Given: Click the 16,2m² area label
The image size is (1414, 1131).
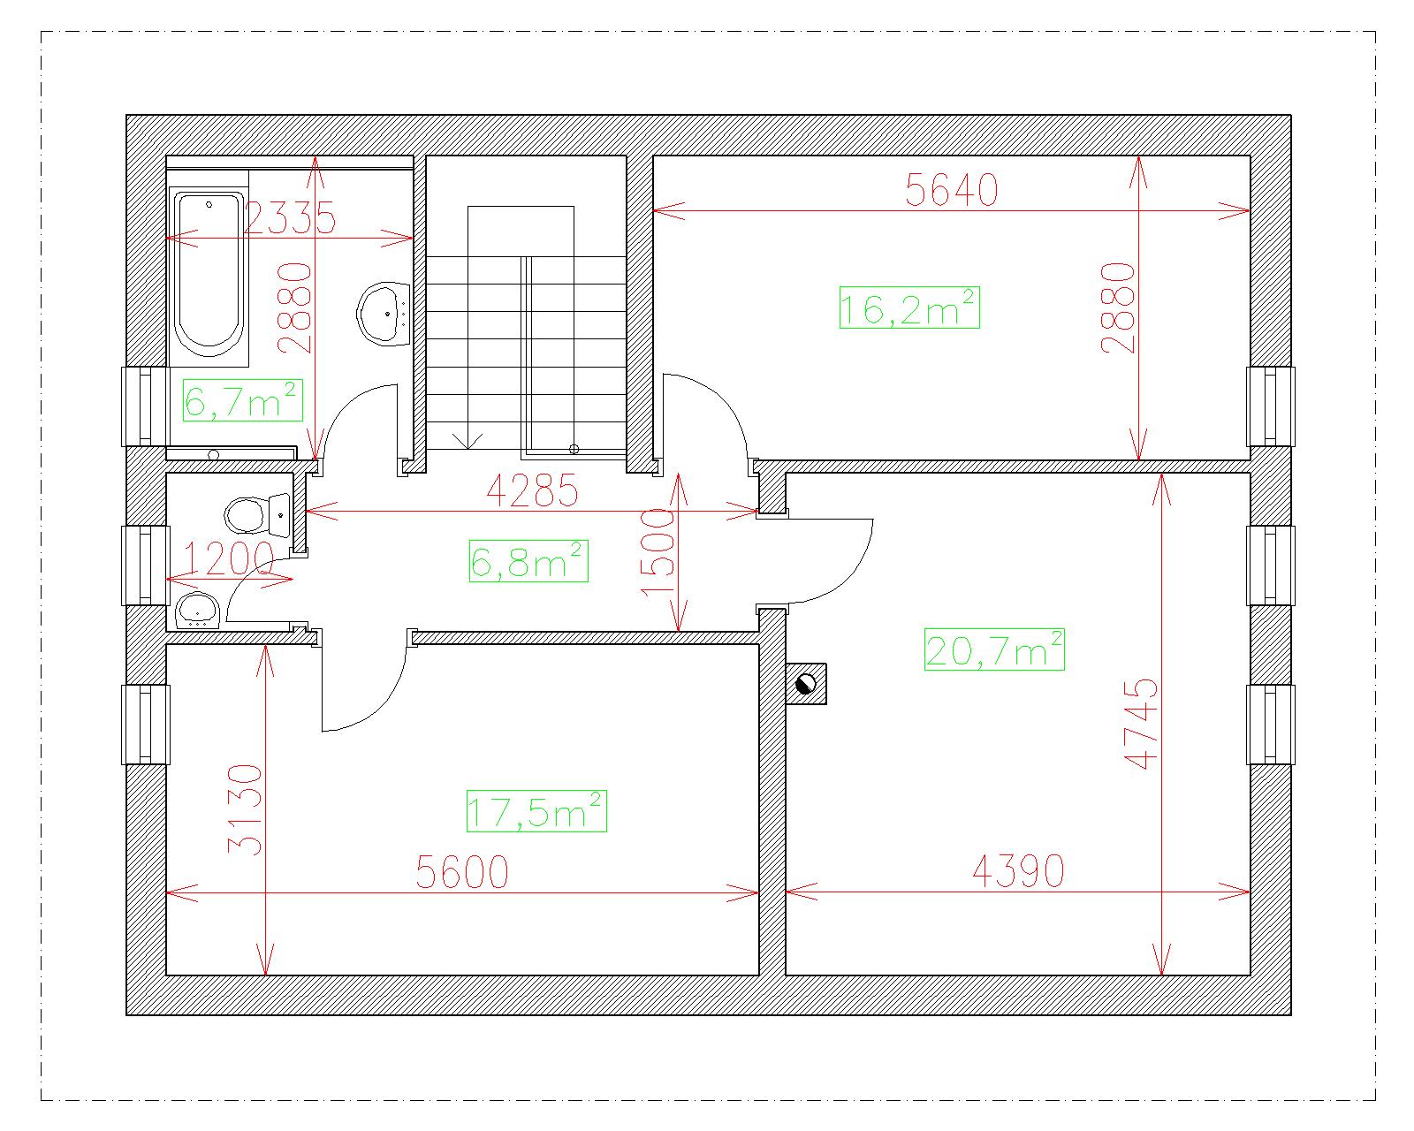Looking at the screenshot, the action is [909, 307].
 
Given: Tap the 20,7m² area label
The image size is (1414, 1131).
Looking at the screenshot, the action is [994, 650].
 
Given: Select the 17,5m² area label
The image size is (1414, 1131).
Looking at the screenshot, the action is [536, 811].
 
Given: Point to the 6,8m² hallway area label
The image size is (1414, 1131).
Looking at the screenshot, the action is [528, 561].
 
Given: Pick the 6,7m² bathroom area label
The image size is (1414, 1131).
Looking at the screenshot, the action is [242, 400].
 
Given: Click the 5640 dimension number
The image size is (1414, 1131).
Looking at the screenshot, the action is [952, 190].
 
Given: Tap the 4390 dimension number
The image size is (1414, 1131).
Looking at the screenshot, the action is [1018, 871].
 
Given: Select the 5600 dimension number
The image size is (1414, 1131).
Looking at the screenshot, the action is [462, 872].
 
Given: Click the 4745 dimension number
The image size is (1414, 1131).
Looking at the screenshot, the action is [1141, 724].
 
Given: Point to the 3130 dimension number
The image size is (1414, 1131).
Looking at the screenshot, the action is [245, 809].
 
